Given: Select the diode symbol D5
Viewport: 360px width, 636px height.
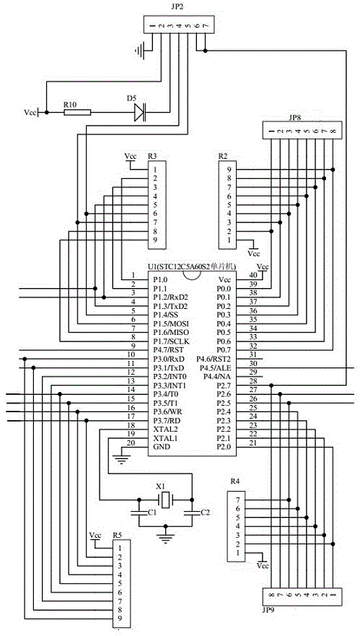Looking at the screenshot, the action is (140, 113).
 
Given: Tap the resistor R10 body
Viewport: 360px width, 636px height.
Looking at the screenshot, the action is (77, 113).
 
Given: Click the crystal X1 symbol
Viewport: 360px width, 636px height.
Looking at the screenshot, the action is (165, 500).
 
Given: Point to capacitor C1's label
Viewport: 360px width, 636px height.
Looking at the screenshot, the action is (152, 513).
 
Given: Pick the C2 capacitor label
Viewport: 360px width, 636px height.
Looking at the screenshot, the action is (206, 513).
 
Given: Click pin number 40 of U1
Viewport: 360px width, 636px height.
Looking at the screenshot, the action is (253, 275).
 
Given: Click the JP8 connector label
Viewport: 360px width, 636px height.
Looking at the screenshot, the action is (295, 118).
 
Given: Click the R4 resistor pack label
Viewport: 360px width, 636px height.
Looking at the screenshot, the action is (234, 482).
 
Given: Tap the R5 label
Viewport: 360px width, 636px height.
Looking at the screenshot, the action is (118, 535).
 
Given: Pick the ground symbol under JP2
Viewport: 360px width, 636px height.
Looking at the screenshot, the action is (139, 51).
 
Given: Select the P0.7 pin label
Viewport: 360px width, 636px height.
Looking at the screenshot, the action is (224, 350).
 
